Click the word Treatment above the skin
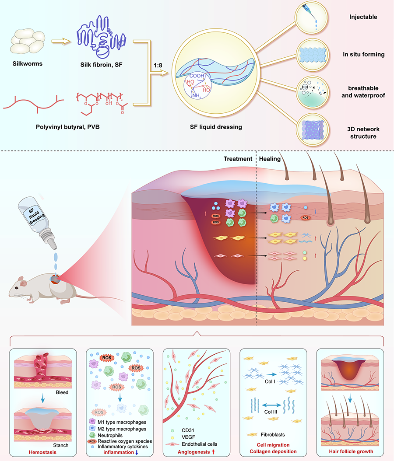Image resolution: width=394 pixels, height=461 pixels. pos(238,159)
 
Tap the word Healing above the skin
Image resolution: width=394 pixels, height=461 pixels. pos(270,159)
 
